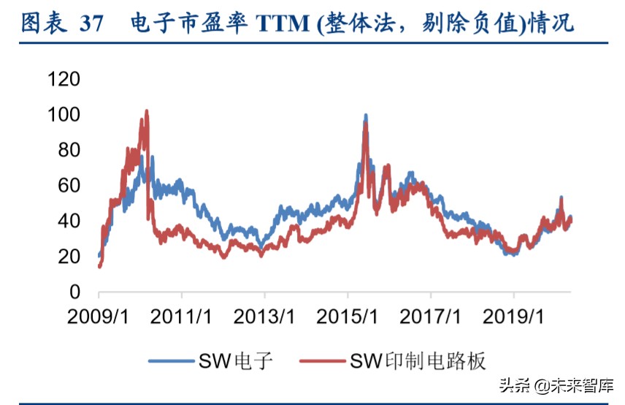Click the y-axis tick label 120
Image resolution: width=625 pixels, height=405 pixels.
64,79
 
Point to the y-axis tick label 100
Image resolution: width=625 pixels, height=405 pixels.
64,115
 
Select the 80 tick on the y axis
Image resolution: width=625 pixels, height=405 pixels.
70,150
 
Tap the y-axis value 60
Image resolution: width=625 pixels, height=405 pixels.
70,186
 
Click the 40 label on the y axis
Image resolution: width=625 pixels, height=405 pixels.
70,222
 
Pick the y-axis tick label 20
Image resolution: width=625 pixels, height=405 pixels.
70,257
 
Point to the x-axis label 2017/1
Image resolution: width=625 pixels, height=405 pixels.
432,317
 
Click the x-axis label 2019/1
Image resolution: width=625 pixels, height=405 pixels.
515,317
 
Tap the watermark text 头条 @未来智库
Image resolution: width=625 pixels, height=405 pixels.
556,385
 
